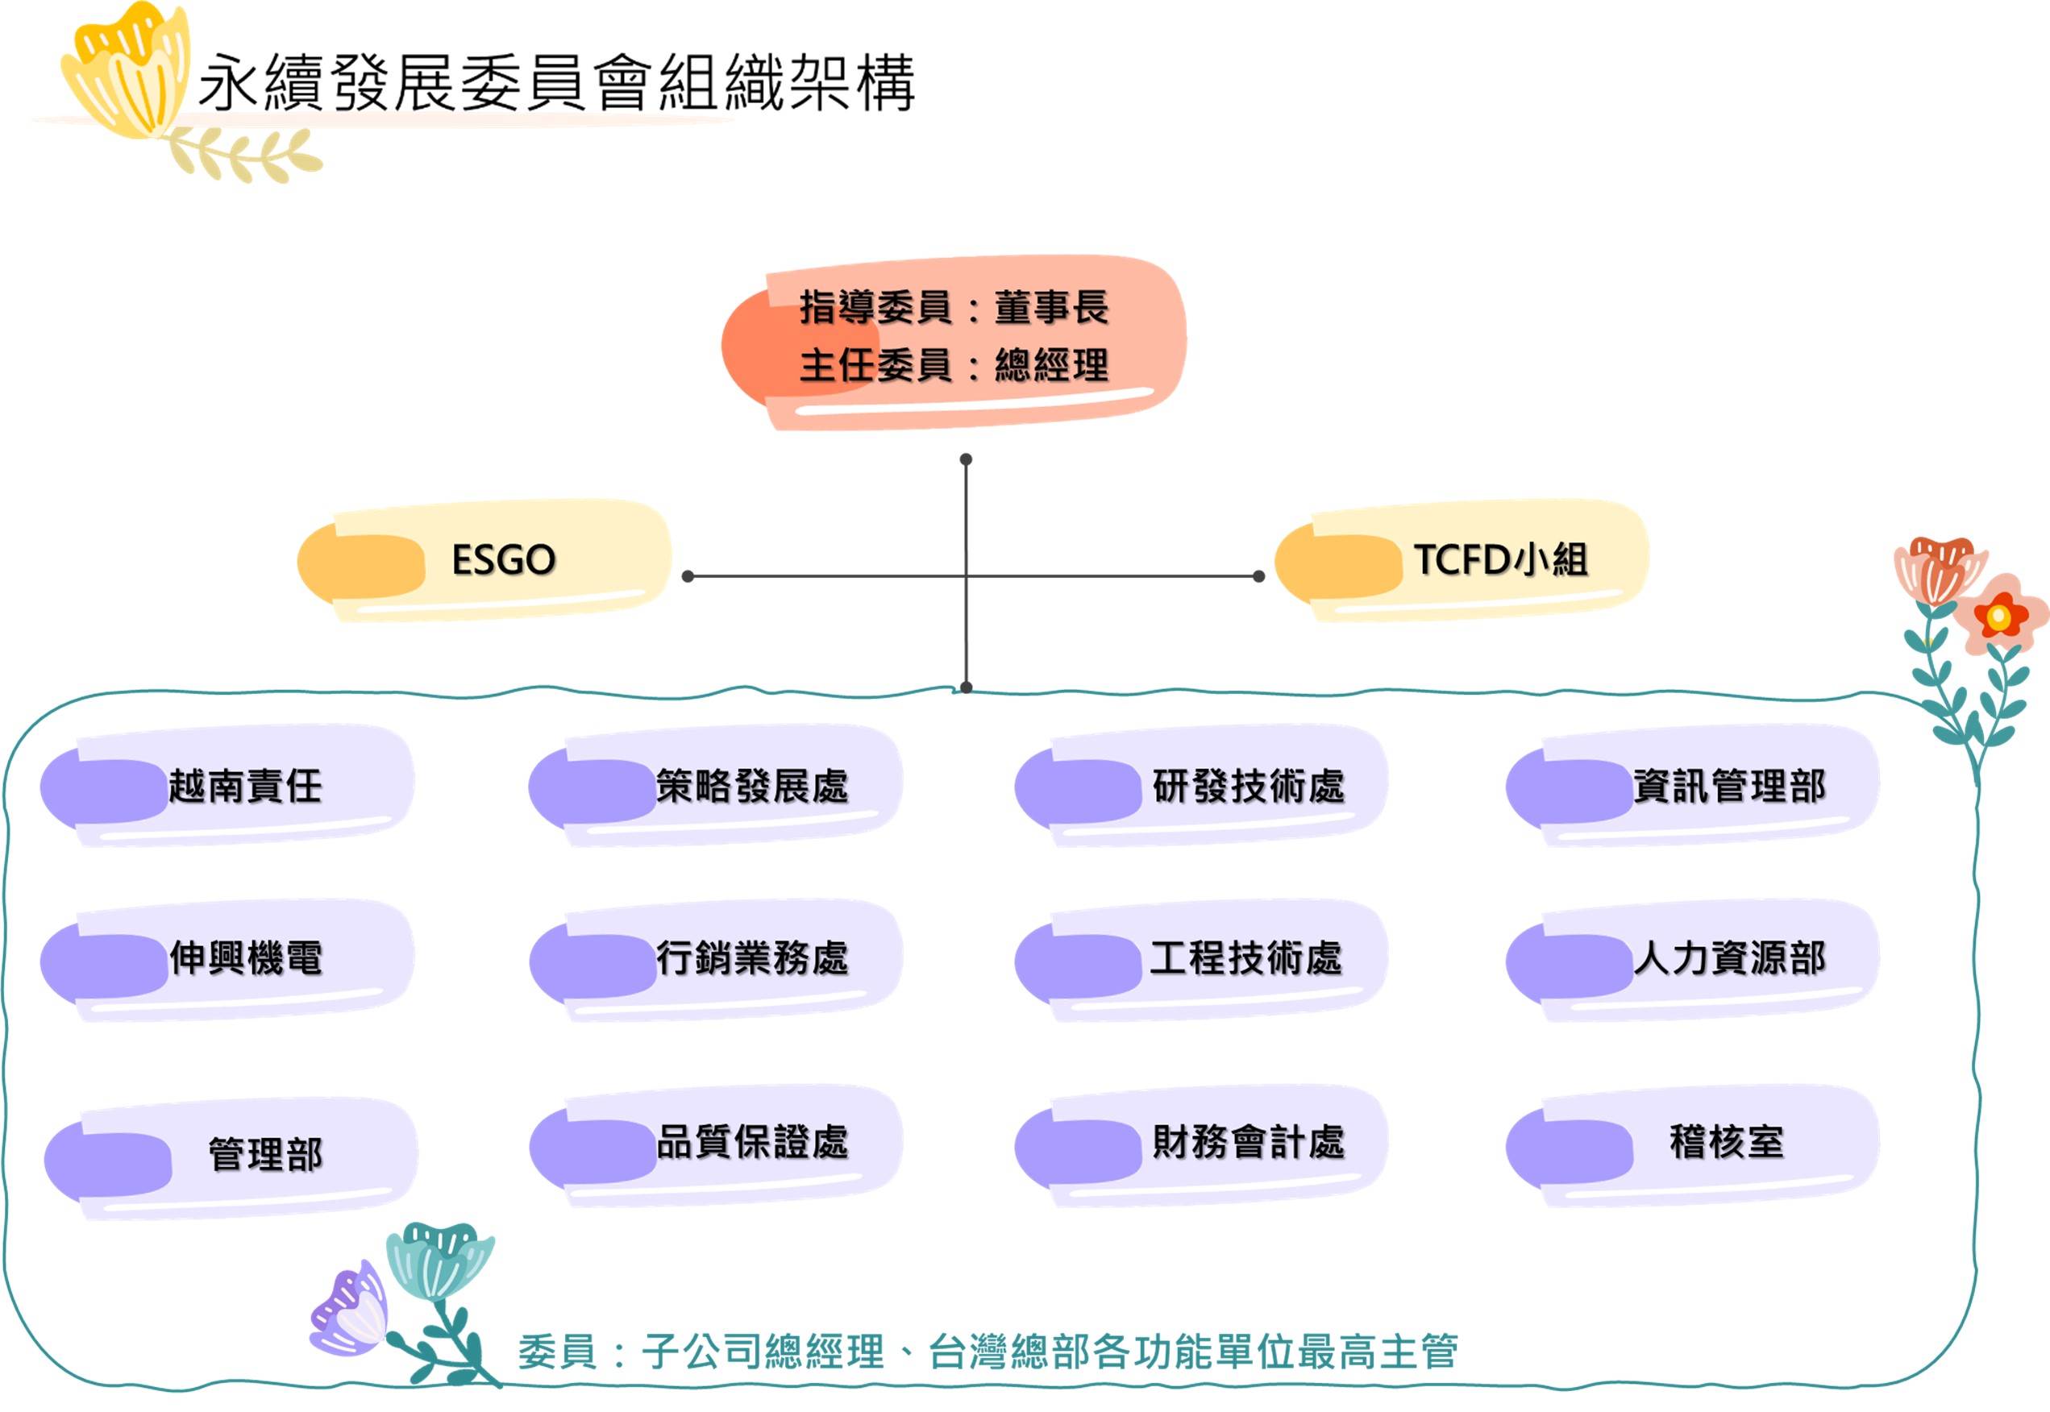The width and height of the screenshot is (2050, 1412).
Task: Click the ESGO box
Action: [484, 561]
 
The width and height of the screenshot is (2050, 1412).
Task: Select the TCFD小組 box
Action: [1462, 561]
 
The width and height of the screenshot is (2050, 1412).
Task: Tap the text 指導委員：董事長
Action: [954, 307]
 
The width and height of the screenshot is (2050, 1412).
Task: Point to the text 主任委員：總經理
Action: [954, 364]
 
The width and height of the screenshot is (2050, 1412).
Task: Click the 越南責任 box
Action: [227, 786]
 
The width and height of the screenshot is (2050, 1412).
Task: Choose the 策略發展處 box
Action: [715, 786]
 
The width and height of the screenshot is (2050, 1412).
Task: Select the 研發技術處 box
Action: [1201, 786]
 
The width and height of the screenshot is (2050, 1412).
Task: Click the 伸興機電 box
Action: [227, 960]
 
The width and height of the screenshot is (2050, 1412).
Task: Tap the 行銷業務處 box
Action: [715, 960]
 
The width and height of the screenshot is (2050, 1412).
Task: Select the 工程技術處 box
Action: [1201, 960]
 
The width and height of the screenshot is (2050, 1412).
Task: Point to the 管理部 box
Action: [231, 1158]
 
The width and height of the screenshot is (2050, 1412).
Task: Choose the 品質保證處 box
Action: [715, 1146]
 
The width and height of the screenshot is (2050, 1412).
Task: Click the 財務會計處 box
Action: [1201, 1146]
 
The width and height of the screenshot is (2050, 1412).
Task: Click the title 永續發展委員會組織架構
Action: [557, 82]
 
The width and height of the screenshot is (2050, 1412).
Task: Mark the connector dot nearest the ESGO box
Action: [688, 577]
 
